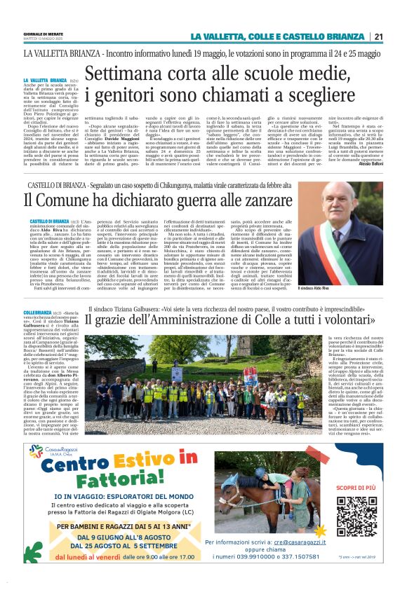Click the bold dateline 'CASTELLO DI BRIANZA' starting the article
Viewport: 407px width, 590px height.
pyautogui.click(x=46, y=221)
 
